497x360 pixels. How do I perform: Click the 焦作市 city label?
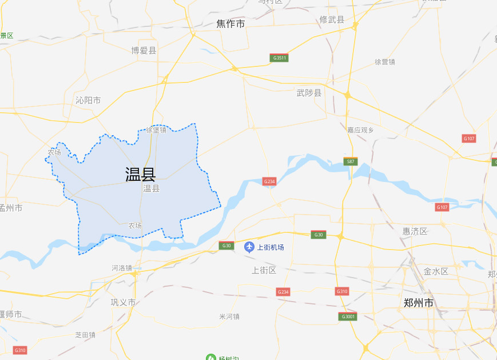(230, 24)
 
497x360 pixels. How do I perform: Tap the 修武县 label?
(332, 20)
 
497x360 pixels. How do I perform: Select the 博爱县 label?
(144, 50)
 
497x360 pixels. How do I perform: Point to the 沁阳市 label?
(88, 100)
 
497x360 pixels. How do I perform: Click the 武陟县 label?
(309, 93)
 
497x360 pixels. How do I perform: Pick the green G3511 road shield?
(279, 58)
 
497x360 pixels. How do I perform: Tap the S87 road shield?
(351, 161)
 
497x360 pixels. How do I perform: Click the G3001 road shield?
(348, 317)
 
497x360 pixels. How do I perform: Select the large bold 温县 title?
(141, 174)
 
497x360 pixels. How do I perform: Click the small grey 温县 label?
(151, 188)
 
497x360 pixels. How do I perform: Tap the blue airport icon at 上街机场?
(249, 247)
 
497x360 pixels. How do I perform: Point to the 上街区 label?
(264, 270)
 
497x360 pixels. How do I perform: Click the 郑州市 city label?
(418, 303)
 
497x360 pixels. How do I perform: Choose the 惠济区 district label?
(415, 231)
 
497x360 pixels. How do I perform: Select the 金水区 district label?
(436, 271)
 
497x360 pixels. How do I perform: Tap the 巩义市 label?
(123, 302)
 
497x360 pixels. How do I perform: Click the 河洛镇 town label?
(122, 267)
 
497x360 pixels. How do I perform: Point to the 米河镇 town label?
(229, 317)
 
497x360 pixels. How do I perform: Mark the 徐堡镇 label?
(156, 130)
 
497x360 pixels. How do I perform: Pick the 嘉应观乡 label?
(360, 130)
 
